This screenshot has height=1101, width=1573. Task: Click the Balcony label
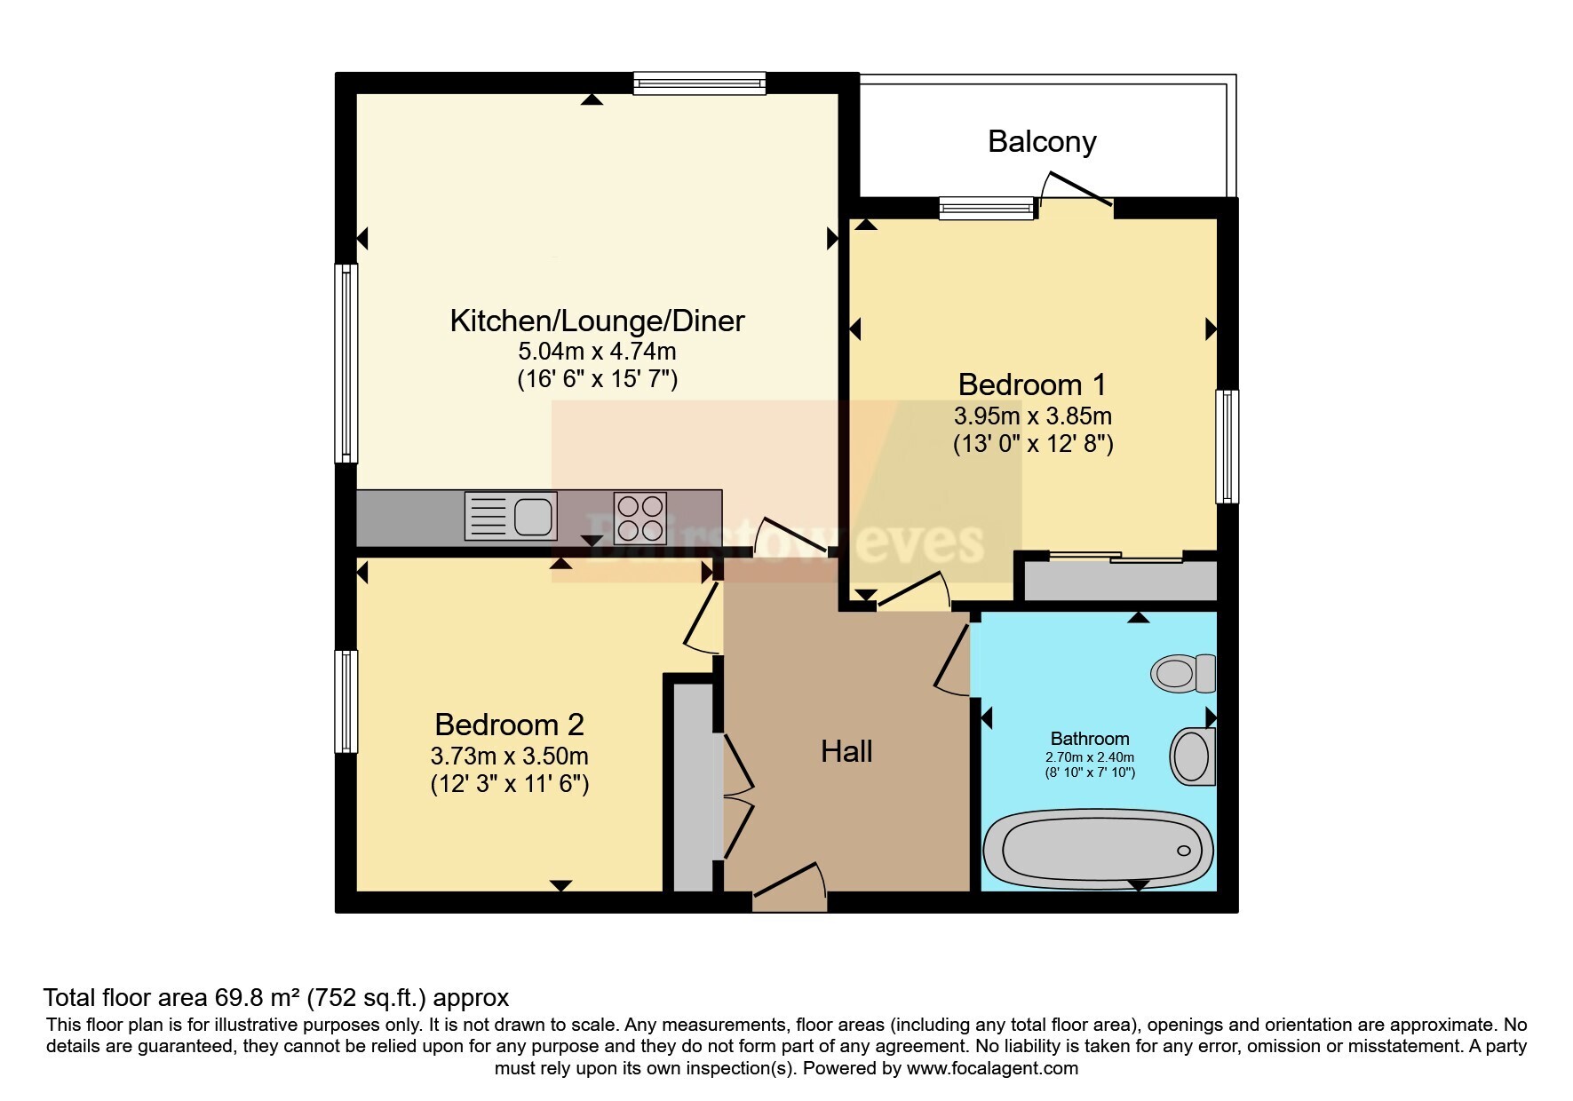(1042, 142)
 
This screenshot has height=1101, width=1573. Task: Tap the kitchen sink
(511, 516)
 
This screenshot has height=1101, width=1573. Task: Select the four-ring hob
(640, 517)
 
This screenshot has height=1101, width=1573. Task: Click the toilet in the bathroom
(1183, 673)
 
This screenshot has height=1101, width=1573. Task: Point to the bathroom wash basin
(1194, 756)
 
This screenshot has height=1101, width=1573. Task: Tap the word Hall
(846, 752)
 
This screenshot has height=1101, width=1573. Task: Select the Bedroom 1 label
(1032, 384)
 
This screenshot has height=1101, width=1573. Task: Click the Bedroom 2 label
(509, 725)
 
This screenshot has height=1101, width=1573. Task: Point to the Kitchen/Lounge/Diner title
(597, 321)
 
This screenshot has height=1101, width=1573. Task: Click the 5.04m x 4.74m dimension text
(597, 351)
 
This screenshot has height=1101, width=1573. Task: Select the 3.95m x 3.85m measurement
(1033, 416)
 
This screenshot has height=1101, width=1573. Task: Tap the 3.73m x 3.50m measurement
(510, 756)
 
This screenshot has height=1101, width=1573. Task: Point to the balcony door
(1076, 190)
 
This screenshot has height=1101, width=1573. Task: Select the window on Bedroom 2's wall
(346, 701)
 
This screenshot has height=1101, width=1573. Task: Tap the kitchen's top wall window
(700, 83)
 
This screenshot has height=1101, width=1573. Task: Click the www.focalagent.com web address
(992, 1068)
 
